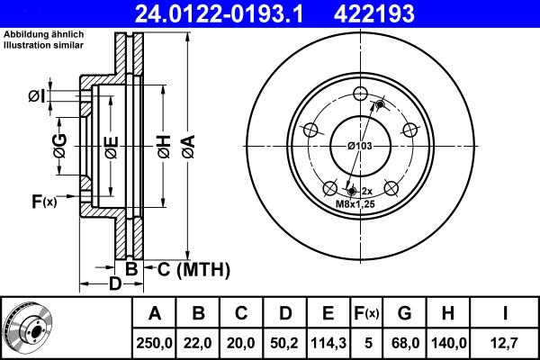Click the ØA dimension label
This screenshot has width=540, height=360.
[x=189, y=145]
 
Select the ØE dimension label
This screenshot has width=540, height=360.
[x=111, y=146]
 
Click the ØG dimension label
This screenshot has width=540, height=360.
[x=60, y=146]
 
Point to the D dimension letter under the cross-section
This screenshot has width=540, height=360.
[x=115, y=284]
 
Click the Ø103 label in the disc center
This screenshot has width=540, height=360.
[x=360, y=146]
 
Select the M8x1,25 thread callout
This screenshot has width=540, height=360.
[x=355, y=204]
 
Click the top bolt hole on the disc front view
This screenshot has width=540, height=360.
[x=360, y=94]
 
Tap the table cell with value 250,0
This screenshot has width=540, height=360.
[x=154, y=342]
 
